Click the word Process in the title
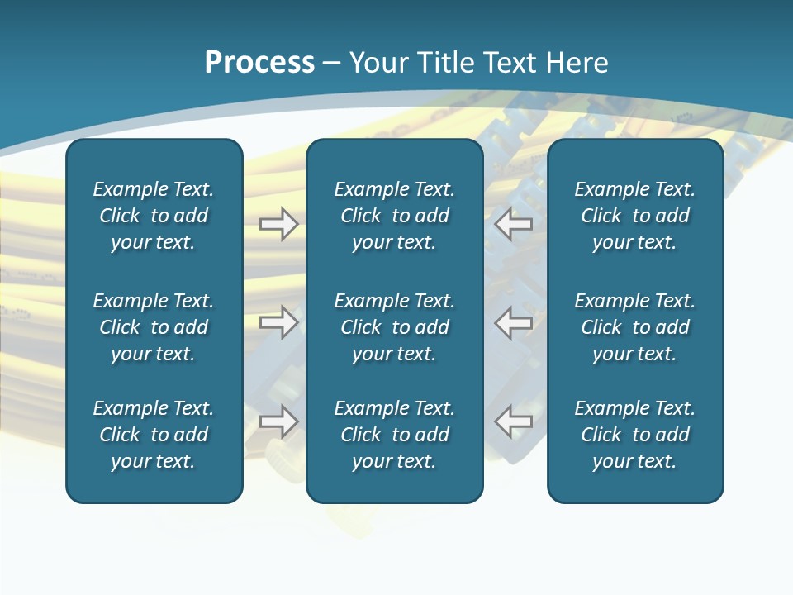pyautogui.click(x=259, y=63)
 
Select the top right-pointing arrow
pyautogui.click(x=278, y=224)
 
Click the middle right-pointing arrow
pyautogui.click(x=278, y=322)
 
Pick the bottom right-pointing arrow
pyautogui.click(x=278, y=421)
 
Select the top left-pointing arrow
pyautogui.click(x=514, y=224)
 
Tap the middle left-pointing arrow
pyautogui.click(x=514, y=322)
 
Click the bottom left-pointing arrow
pyautogui.click(x=514, y=421)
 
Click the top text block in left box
pyautogui.click(x=154, y=216)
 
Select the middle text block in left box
pyautogui.click(x=154, y=327)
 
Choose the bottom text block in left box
pyautogui.click(x=154, y=435)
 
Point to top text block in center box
pyautogui.click(x=394, y=216)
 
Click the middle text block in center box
pyautogui.click(x=394, y=327)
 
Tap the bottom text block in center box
pyautogui.click(x=394, y=435)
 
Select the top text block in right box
pyautogui.click(x=634, y=216)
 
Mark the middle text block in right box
pyautogui.click(x=634, y=327)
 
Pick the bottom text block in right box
pyautogui.click(x=634, y=435)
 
